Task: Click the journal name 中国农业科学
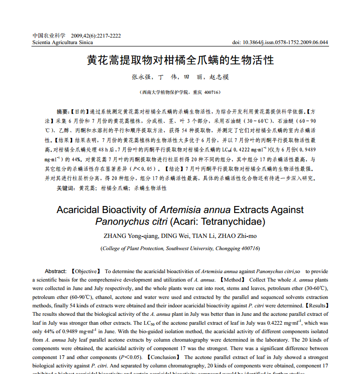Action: click(x=49, y=36)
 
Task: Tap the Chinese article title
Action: click(x=180, y=61)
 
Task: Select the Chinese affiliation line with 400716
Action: click(x=180, y=92)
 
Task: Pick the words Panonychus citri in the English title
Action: click(x=131, y=221)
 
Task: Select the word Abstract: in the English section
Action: click(x=55, y=271)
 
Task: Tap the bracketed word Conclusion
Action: click(x=162, y=357)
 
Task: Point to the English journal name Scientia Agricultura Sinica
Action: click(x=62, y=42)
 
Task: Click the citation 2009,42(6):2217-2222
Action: click(x=96, y=36)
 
